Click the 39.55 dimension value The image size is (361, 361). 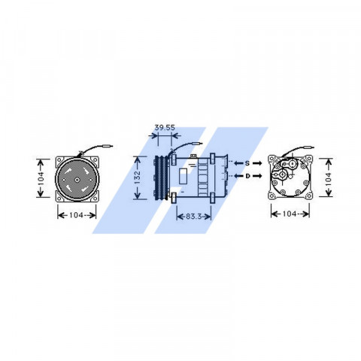165,128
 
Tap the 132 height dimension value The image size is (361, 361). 138,177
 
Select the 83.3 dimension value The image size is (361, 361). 193,216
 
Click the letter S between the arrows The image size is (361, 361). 247,163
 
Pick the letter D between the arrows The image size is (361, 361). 247,176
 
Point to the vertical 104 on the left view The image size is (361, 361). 41,178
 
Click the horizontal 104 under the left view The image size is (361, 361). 76,215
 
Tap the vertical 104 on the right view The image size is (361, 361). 329,177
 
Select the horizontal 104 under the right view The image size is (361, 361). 290,214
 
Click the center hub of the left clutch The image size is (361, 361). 77,180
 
